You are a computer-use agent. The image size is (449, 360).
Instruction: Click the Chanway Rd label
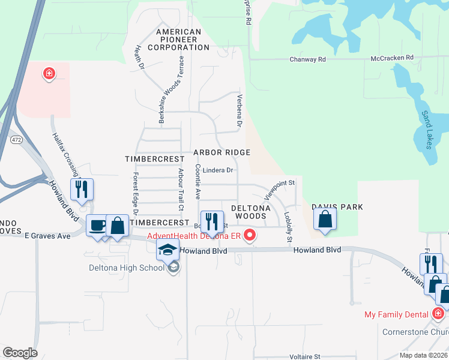pos(307,59)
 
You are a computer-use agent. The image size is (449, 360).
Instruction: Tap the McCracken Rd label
pos(392,58)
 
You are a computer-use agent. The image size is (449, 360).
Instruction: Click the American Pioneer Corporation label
pos(178,39)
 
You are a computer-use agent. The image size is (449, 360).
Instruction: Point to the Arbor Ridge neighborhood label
pos(221,153)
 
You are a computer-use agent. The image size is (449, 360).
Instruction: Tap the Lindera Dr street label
pos(217,170)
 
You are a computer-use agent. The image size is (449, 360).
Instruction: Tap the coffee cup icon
pos(97,226)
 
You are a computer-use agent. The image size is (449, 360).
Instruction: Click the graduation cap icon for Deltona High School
pos(168,250)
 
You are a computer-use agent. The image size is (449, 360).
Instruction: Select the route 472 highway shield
pos(16,139)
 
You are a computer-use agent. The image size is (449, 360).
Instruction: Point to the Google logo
pos(20,352)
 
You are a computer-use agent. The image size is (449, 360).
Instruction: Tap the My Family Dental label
pos(397,314)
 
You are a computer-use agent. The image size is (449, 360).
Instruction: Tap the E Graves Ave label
pos(47,236)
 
